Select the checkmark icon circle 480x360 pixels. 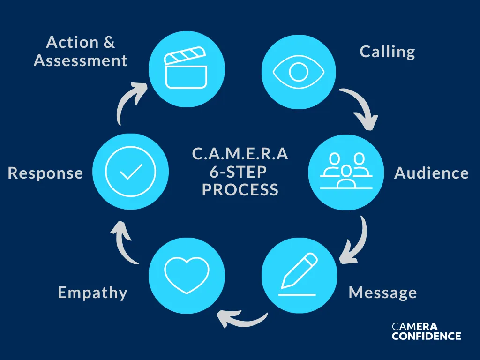pyautogui.click(x=130, y=172)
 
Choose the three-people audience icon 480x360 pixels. pyautogui.click(x=346, y=172)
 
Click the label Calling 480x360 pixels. pyautogui.click(x=387, y=52)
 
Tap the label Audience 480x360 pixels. pyautogui.click(x=431, y=173)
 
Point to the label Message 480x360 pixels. pyautogui.click(x=382, y=293)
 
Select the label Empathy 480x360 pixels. pyautogui.click(x=92, y=293)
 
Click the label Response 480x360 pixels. pyautogui.click(x=45, y=173)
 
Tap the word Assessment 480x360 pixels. pyautogui.click(x=81, y=60)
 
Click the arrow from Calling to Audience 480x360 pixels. pyautogui.click(x=361, y=108)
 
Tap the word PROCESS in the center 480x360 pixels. pyautogui.click(x=240, y=190)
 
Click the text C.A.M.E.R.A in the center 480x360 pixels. pyautogui.click(x=240, y=154)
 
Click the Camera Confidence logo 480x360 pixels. pyautogui.click(x=426, y=331)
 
